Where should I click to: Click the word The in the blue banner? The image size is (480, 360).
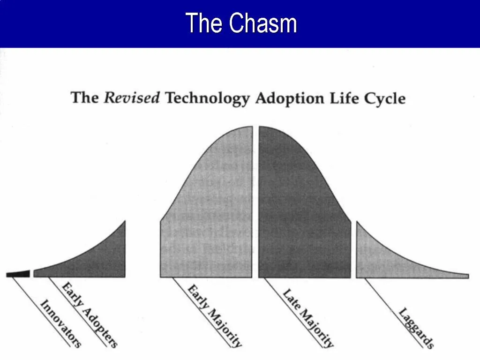(x=204, y=23)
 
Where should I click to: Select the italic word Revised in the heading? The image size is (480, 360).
(x=132, y=98)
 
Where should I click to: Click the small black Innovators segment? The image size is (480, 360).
(x=18, y=274)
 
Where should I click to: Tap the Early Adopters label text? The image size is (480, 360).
(x=90, y=315)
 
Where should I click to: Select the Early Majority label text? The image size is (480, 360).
(x=215, y=315)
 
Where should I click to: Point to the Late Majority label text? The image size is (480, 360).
(x=308, y=318)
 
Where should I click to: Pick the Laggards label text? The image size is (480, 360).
(x=416, y=328)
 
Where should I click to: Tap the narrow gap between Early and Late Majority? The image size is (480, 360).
(x=255, y=211)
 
